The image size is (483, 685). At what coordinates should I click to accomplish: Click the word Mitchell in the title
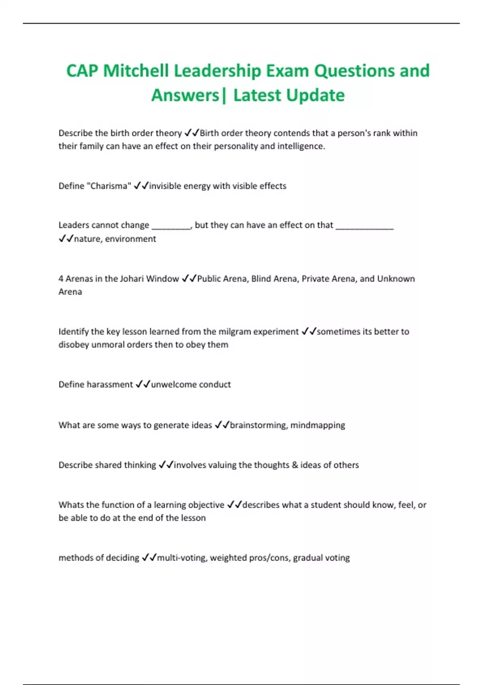click(x=136, y=71)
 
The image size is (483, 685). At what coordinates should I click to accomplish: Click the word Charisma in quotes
click(x=109, y=186)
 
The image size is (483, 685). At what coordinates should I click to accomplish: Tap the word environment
click(x=130, y=239)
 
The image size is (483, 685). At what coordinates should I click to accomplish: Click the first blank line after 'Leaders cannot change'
click(x=171, y=227)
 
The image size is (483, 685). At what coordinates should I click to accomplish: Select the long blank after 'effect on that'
click(x=364, y=227)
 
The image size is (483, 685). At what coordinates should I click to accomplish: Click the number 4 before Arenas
click(x=61, y=279)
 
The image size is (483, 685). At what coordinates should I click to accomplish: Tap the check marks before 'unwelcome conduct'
click(x=143, y=384)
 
